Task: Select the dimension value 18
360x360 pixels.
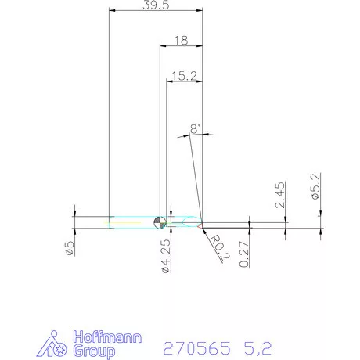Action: click(182, 39)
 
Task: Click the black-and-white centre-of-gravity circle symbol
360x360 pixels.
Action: click(160, 222)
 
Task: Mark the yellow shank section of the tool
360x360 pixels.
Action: click(129, 222)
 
